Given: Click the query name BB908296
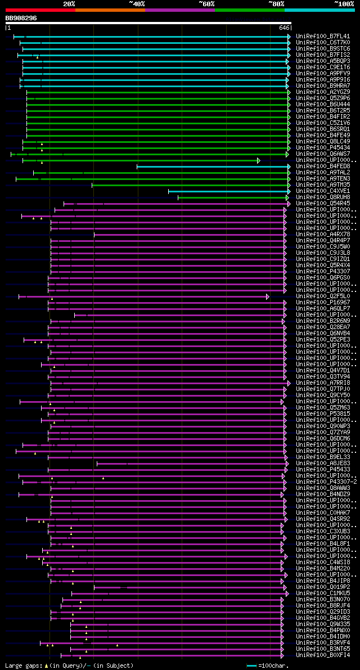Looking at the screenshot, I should pos(21,18).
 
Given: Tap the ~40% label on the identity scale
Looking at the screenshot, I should pos(137,3).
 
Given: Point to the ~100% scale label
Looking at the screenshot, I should pos(344,3).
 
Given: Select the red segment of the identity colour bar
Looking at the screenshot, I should pos(40,10).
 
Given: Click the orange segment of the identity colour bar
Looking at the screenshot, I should pos(110,10).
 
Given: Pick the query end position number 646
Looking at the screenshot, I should pos(283,27).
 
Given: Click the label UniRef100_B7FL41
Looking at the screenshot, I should pos(322,37).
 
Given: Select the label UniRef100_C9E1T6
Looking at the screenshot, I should pos(322,68).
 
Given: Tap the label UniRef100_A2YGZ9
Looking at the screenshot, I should pos(322,92).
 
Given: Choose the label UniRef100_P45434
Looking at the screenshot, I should pos(322,148).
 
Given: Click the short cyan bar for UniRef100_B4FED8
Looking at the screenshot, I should pos(214,167).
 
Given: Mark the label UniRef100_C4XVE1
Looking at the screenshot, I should pos(322,191).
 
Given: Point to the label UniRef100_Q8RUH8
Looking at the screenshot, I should pos(322,197).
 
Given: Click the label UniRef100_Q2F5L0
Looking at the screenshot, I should pos(322,296).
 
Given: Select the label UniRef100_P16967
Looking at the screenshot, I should pos(322,303).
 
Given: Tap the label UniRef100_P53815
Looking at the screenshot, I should pos(322,414).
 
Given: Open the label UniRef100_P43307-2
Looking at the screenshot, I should pos(326,482).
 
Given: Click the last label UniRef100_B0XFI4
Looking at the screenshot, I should pos(322,655).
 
